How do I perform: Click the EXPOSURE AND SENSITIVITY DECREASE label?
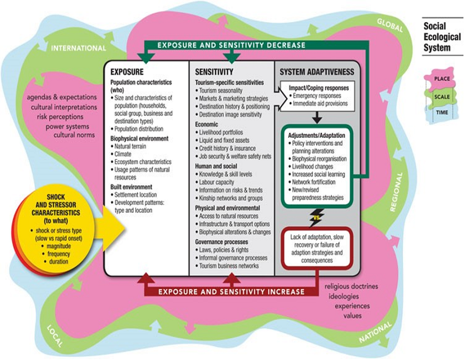pos(233,45)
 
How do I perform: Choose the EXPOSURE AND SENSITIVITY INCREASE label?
pos(233,291)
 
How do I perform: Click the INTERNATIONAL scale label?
pos(78,48)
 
